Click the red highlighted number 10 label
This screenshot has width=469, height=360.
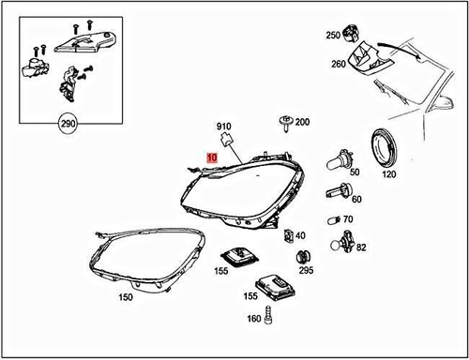click(212, 160)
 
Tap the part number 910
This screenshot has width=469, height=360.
click(224, 127)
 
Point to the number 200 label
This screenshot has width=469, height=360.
click(301, 123)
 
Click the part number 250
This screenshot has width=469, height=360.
click(333, 36)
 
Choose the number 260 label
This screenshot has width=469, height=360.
click(337, 64)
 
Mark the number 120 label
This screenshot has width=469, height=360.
click(388, 174)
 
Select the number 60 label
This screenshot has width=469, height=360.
click(356, 198)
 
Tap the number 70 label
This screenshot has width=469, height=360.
click(348, 219)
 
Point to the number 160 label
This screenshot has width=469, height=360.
click(254, 319)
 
